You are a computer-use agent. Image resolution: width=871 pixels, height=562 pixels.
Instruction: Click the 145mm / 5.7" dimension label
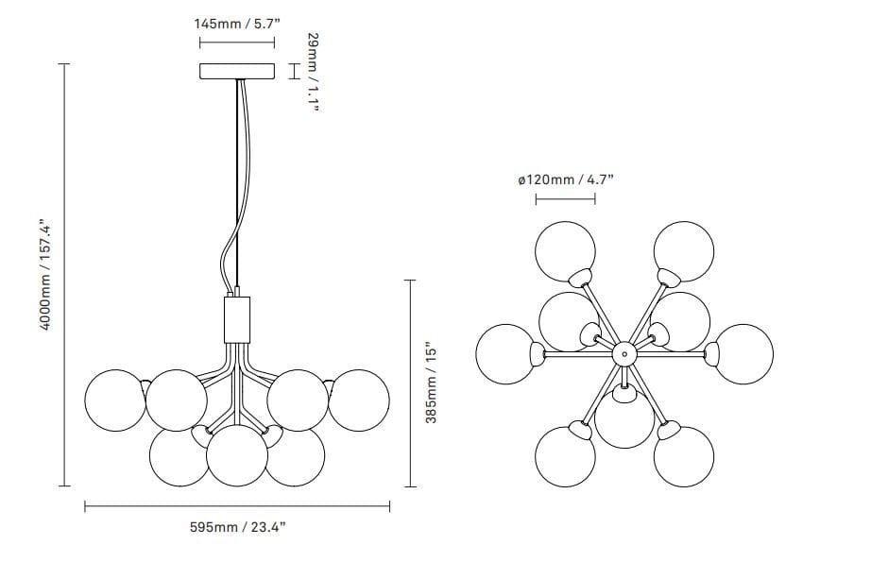(237, 24)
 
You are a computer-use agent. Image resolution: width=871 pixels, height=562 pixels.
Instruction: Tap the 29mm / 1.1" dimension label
(314, 72)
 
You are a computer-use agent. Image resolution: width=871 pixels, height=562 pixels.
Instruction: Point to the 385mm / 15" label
(432, 383)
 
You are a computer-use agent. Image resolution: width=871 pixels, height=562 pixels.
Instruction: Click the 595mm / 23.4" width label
(238, 527)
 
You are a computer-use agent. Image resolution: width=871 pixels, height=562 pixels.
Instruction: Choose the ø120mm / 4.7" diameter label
(566, 179)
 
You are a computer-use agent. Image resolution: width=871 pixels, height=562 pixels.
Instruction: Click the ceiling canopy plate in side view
(237, 71)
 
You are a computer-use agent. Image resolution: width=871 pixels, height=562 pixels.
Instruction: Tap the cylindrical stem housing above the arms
(237, 320)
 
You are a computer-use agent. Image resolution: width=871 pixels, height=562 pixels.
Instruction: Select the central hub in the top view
(623, 353)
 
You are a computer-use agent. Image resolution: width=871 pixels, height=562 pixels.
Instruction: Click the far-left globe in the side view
(115, 400)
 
